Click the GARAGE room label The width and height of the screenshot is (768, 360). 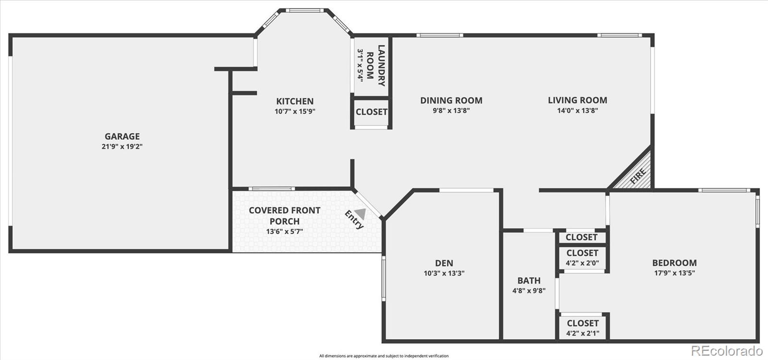tap(122, 136)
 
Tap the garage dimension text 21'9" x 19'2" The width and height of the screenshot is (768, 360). tap(122, 147)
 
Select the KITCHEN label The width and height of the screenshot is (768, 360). tap(295, 101)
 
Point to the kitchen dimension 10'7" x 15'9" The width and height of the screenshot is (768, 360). tap(295, 111)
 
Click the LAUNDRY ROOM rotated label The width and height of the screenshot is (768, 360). tap(375, 65)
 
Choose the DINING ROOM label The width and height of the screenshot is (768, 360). tap(451, 100)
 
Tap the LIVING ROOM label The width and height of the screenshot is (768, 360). tap(577, 100)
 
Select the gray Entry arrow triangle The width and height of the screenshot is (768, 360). tap(360, 214)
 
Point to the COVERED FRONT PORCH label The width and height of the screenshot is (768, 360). tap(285, 216)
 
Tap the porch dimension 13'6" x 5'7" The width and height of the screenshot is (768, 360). tap(285, 231)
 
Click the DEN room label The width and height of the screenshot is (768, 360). tap(444, 264)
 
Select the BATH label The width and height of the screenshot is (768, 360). tap(529, 281)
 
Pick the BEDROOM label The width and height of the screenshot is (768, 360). tap(674, 263)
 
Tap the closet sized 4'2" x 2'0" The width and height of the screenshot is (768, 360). tap(583, 258)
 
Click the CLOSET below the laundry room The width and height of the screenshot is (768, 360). tap(372, 112)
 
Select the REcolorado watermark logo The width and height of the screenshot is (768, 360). tap(727, 351)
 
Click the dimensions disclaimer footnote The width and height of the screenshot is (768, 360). tap(384, 356)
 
